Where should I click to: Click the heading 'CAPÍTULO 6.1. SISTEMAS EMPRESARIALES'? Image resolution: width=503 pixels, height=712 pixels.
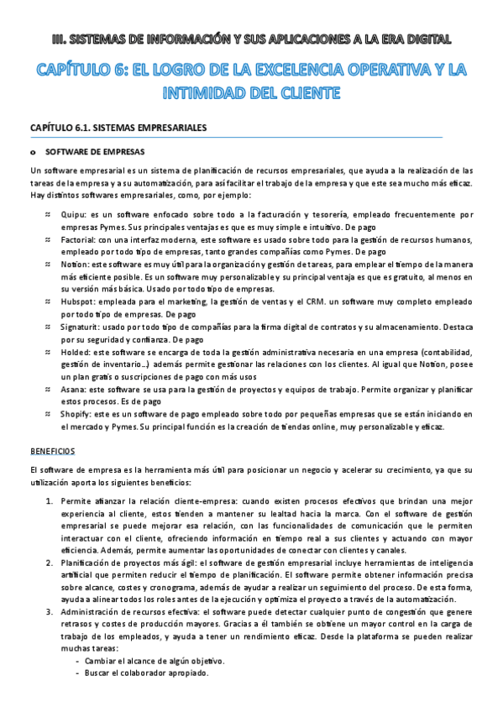point(118,128)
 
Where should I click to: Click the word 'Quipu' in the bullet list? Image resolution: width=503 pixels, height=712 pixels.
point(73,215)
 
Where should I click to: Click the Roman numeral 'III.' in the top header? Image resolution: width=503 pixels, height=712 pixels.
point(59,38)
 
